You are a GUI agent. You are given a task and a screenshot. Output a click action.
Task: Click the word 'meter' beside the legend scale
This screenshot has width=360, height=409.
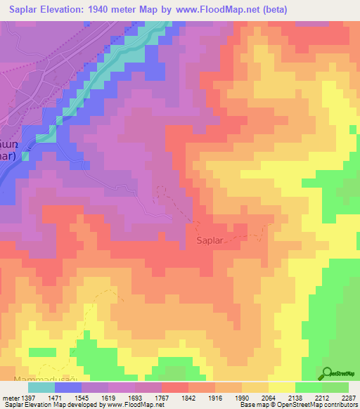[x=8, y=398]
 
